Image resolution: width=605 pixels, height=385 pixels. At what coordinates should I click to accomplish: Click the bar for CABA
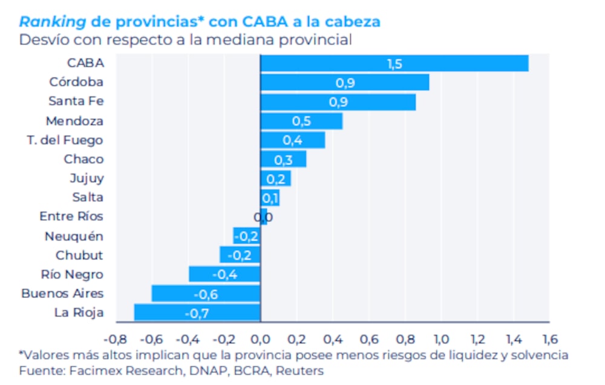point(394,63)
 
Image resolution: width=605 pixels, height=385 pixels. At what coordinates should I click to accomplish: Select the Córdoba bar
point(344,83)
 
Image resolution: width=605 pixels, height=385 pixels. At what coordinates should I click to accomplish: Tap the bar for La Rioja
point(197,312)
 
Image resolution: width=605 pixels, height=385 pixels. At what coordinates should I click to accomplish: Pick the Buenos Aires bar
point(206,294)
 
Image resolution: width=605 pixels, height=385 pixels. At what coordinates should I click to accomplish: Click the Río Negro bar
point(224,274)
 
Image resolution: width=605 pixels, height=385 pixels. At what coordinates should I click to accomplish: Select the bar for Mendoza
point(301,121)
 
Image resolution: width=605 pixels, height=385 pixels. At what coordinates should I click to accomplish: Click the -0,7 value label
point(197,313)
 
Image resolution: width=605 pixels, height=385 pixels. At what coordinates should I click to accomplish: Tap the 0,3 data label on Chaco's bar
point(283,160)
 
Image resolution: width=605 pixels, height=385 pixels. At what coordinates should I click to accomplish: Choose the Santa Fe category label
point(76,101)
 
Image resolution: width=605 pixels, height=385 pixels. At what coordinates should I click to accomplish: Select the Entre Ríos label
point(71,216)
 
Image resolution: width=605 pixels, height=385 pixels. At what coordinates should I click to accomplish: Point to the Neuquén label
point(74,236)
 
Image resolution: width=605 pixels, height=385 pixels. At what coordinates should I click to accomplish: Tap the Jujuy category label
point(87,178)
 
